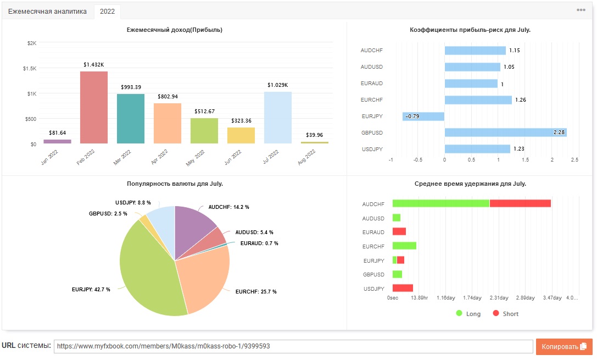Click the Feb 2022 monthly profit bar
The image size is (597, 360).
point(94,107)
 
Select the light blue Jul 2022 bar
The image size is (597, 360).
point(278,118)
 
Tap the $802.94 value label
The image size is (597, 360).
point(168,97)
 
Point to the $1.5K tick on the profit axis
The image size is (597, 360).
point(30,69)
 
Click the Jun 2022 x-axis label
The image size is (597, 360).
point(233,157)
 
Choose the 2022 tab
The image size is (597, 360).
point(107,12)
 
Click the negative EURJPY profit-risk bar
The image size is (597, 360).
point(423,116)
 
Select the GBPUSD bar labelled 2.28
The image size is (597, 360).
point(506,132)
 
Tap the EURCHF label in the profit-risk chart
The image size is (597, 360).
point(372,100)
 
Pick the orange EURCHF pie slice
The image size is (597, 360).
point(202,278)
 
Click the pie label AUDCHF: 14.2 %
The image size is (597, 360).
point(229,207)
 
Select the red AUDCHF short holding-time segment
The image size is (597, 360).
point(520,203)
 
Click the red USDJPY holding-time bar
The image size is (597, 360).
point(403,288)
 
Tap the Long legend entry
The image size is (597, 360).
point(468,313)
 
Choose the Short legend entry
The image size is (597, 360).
point(506,313)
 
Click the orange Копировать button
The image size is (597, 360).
point(564,347)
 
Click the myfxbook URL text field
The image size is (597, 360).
point(293,346)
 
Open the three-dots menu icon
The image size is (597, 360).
point(581,10)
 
